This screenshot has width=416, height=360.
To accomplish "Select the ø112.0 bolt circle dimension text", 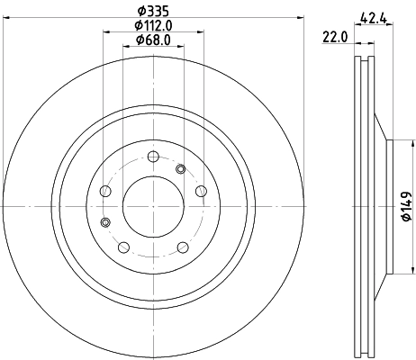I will tap(151, 26).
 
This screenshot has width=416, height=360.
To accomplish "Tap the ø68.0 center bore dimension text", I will tap(151, 40).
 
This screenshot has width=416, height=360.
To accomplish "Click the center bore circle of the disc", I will tap(151, 206).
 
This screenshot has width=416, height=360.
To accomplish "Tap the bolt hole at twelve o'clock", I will tap(151, 155).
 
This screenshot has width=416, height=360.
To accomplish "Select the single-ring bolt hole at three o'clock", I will tap(200, 190).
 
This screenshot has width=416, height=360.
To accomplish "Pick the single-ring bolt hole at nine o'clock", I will tap(103, 190).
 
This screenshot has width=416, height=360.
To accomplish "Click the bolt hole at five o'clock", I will tap(182, 247).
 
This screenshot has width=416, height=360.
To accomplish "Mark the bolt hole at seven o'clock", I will tap(122, 247).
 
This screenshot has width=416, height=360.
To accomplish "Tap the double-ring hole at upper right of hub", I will tap(181, 167).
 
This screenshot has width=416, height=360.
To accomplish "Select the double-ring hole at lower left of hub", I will tap(106, 221).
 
